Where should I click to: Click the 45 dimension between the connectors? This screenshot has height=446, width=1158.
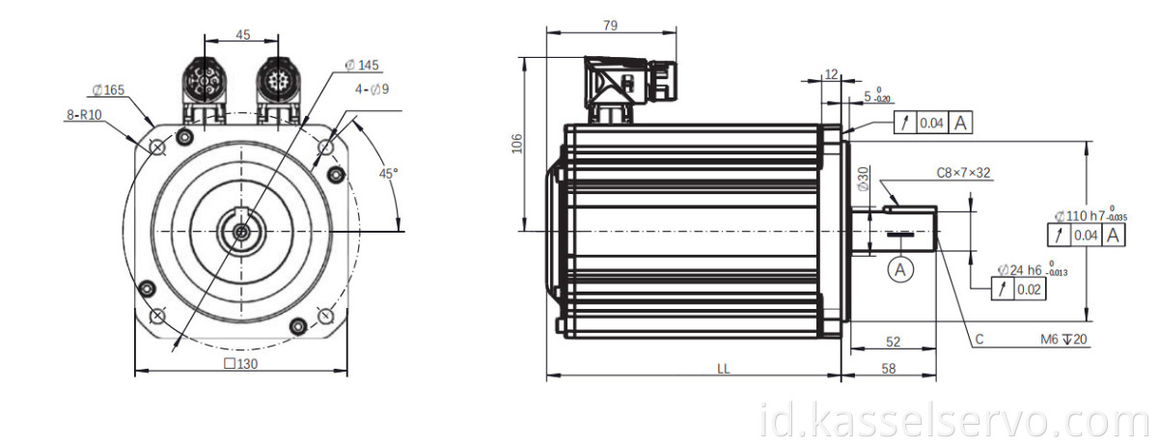[x=242, y=35]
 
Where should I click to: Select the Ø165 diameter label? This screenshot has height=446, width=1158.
[x=108, y=90]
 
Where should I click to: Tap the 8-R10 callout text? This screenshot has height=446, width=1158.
[x=84, y=114]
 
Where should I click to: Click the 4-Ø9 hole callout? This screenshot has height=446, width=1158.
[x=372, y=90]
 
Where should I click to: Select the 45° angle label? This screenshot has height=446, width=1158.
[x=387, y=174]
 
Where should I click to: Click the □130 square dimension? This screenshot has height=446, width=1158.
[x=240, y=364]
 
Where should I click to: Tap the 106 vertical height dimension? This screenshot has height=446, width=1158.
[x=516, y=144]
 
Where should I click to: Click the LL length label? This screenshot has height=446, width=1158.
[x=723, y=369]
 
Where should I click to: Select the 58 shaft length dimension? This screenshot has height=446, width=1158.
[x=889, y=369]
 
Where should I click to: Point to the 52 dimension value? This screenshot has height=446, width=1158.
[x=893, y=343]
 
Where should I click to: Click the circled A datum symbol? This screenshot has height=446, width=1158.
[x=900, y=271]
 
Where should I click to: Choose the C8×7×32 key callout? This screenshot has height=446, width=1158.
[x=963, y=174]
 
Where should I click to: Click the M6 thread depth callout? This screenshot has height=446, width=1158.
[x=1061, y=340]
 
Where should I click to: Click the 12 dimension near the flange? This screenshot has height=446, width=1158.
[x=832, y=73]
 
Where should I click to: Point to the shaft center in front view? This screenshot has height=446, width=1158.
[x=239, y=232]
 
